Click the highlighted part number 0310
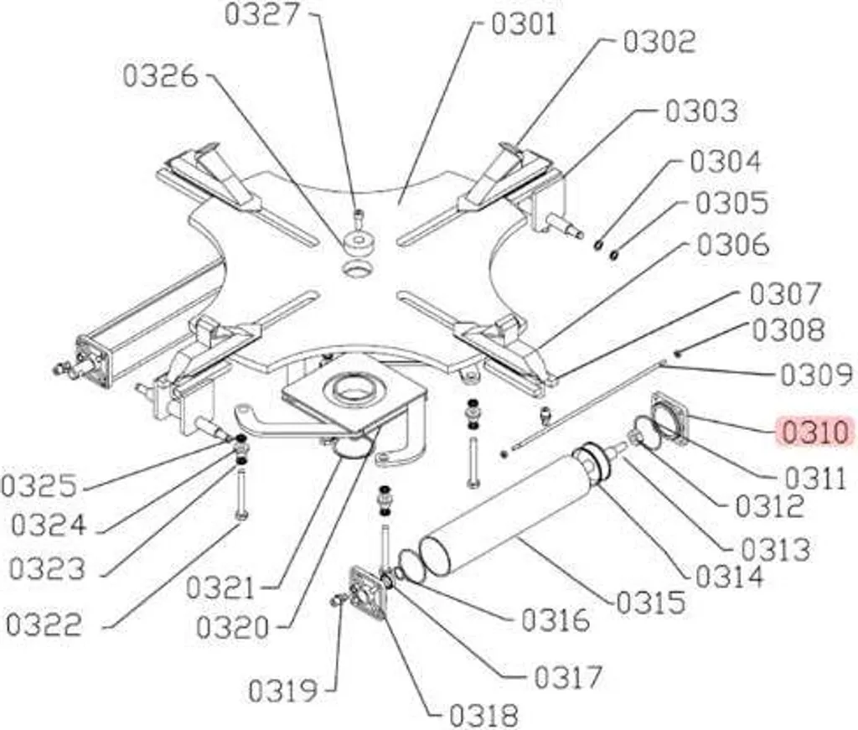(815, 432)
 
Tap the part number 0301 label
(524, 24)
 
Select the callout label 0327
(262, 14)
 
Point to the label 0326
(160, 75)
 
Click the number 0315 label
(650, 603)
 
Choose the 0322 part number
(44, 624)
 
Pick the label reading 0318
(483, 715)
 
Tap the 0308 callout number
(788, 330)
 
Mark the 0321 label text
(220, 588)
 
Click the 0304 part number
(725, 162)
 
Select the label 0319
(283, 691)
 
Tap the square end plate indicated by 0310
(669, 417)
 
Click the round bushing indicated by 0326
(359, 242)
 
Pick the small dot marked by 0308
(677, 354)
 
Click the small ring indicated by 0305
(614, 254)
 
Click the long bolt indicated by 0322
(241, 494)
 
